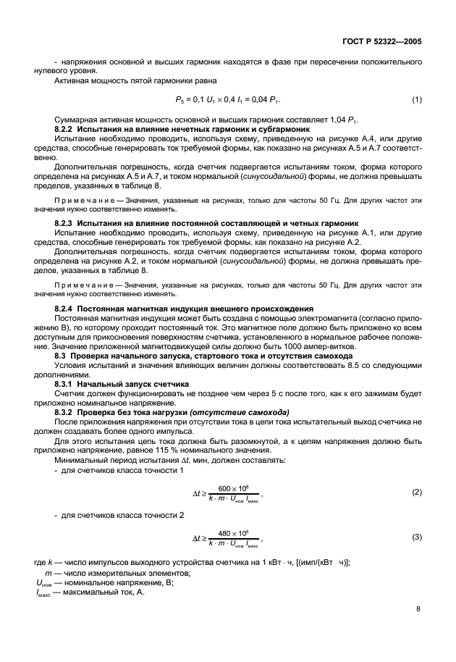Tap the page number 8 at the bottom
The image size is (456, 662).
[418, 609]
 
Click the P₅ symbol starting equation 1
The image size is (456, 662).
[180, 99]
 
